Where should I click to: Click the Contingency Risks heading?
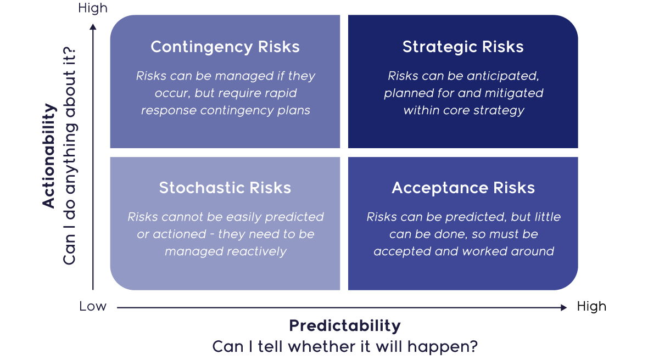[x=225, y=47]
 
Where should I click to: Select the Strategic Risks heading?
[x=463, y=47]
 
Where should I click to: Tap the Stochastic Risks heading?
[x=225, y=188]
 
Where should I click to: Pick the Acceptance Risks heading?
[x=463, y=188]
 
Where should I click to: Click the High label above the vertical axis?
[x=93, y=8]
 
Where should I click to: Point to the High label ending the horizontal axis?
[x=591, y=307]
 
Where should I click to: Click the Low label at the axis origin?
[x=93, y=307]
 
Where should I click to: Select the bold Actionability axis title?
[x=49, y=156]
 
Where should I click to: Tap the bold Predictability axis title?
[x=345, y=326]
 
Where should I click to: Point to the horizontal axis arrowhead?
[x=563, y=308]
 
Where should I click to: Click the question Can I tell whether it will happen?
[x=345, y=347]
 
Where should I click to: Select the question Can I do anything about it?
[x=70, y=156]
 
